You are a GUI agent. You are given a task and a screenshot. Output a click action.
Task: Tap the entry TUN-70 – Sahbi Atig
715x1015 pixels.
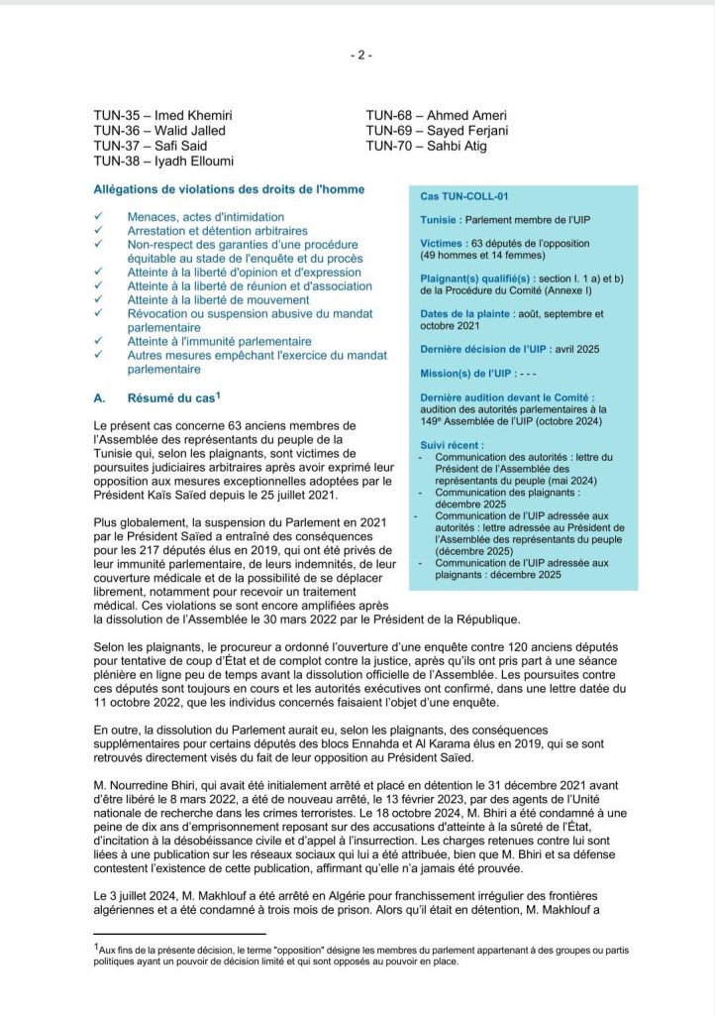426,146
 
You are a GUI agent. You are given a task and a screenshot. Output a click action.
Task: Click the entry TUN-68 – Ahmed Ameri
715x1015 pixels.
430,115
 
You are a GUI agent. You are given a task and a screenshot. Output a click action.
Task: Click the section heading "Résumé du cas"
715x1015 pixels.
168,398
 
